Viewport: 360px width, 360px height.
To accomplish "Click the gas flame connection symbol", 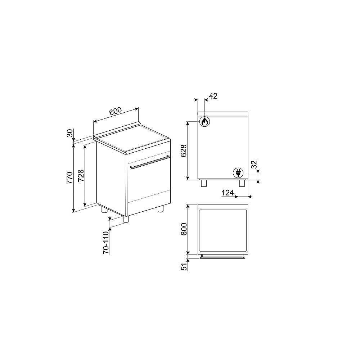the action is tap(204, 122).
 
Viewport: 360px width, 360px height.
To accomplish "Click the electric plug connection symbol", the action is tap(238, 173).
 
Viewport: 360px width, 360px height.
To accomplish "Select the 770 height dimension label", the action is tap(69, 177).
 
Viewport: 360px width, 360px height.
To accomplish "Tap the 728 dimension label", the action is tap(81, 176).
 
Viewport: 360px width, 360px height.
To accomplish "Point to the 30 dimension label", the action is tap(70, 133).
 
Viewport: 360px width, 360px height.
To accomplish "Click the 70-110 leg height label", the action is tap(106, 243).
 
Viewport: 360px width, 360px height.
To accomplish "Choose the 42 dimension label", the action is tap(213, 96).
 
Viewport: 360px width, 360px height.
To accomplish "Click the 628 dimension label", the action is tap(184, 151).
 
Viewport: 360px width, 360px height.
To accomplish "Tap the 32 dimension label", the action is tap(254, 165).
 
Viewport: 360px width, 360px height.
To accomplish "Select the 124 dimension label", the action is tap(228, 193).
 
